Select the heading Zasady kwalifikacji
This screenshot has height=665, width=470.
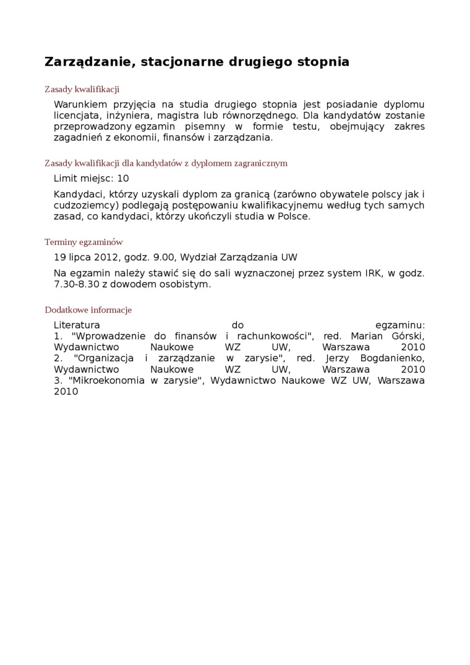click(82, 89)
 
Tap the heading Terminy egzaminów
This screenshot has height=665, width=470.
click(83, 242)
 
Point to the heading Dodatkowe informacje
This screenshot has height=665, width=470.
click(88, 310)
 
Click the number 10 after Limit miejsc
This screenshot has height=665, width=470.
click(123, 178)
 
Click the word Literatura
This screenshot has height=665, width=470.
click(77, 324)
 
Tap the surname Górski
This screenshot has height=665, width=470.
click(408, 335)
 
